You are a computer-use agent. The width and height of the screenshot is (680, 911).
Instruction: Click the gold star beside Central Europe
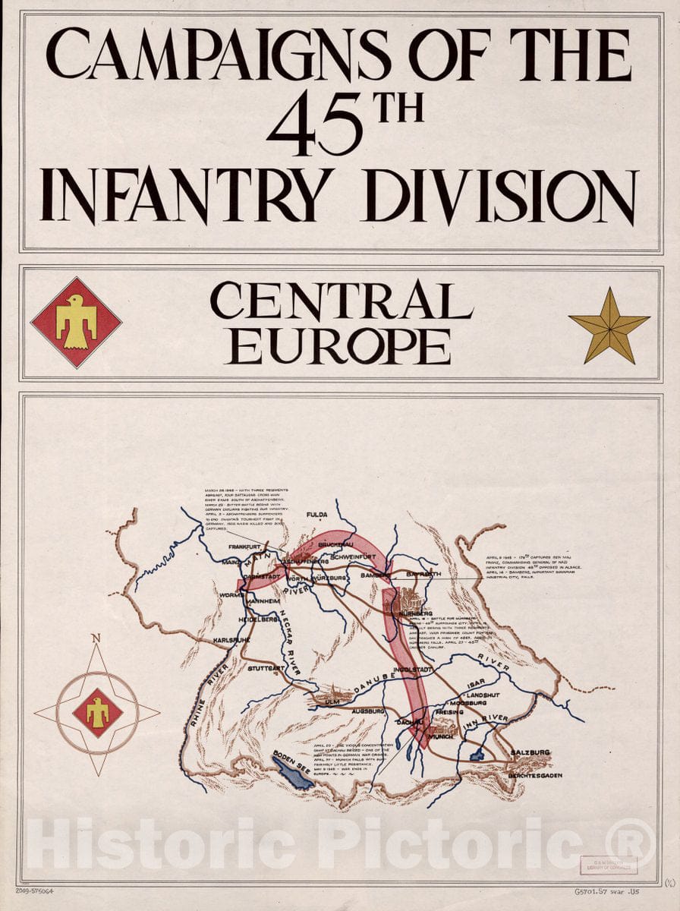[609, 325]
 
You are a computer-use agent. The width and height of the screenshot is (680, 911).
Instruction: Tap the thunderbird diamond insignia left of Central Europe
[76, 323]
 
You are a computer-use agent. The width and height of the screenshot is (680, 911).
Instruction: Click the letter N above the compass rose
[96, 638]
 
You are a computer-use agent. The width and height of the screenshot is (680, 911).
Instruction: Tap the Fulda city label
[316, 515]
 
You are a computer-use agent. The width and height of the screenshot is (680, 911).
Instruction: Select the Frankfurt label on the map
[244, 547]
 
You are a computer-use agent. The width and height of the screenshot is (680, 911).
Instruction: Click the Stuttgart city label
[266, 669]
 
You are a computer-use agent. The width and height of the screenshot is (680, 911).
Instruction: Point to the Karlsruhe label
[231, 639]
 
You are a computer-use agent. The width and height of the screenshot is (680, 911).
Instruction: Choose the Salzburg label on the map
[530, 752]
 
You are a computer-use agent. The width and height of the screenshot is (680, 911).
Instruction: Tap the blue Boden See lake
[293, 771]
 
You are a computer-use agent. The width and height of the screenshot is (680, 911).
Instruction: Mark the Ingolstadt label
[413, 670]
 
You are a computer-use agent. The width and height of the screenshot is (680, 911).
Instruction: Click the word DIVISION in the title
[501, 196]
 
